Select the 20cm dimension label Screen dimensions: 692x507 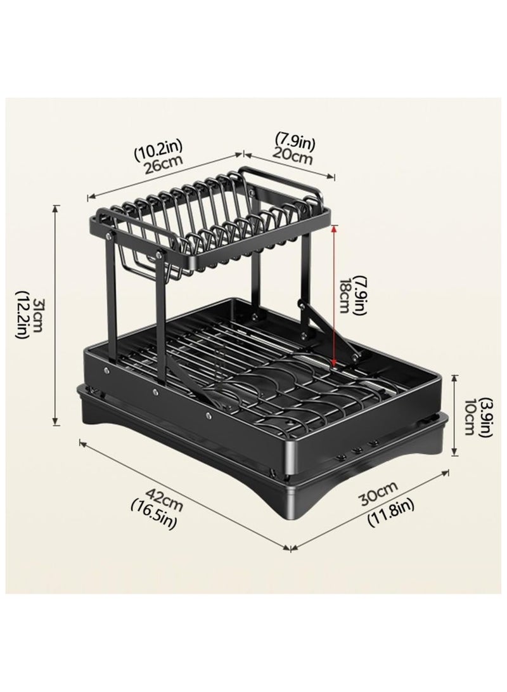tap(294, 155)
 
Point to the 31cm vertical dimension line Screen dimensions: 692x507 tap(58, 314)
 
